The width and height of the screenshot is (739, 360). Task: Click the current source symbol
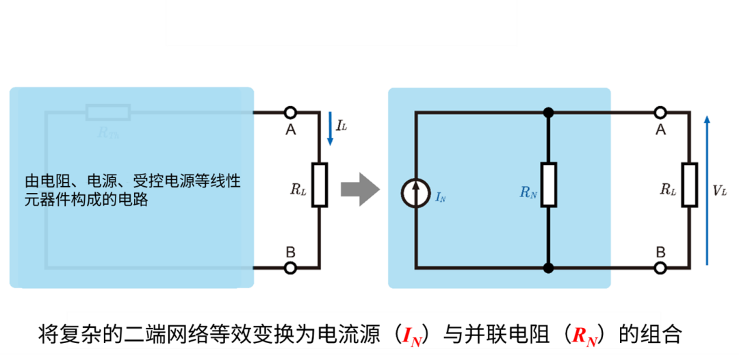coord(415,194)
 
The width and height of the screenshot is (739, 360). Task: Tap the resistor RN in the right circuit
coord(548,185)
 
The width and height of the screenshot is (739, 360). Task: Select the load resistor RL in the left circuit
coord(320,185)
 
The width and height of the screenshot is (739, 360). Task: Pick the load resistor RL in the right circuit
coord(689,185)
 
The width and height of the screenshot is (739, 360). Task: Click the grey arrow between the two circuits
coord(360,189)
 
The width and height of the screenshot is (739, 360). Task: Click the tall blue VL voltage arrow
coord(707,190)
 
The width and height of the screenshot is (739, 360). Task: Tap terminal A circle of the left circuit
coord(290,112)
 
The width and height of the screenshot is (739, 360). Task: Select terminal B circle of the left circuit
coord(290,268)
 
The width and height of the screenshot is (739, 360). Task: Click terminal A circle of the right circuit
coord(660,112)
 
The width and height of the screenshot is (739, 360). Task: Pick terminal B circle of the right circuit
coord(660,268)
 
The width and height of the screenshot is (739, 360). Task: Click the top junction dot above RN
coord(548,112)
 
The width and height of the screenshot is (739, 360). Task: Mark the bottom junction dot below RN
coord(548,268)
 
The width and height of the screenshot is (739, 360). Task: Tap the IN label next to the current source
coord(441,198)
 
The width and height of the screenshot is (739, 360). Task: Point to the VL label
coord(720,191)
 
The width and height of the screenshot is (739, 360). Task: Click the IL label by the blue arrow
coord(341,126)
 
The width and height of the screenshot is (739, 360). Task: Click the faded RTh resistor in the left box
coord(108,112)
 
